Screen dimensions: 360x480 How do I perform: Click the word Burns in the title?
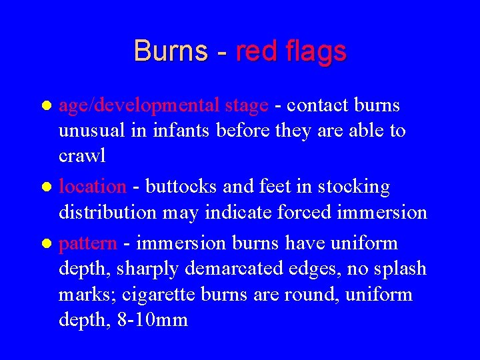point(171,51)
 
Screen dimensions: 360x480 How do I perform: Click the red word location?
point(93,187)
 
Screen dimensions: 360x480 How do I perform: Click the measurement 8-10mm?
point(153,320)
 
